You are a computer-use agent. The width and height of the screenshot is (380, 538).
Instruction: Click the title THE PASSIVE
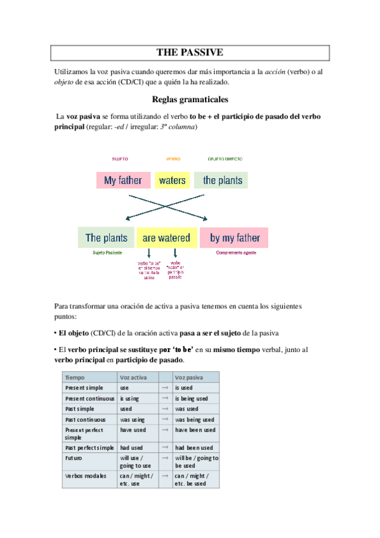tap(190, 52)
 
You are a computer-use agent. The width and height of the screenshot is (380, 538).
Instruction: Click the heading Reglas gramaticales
tap(190, 100)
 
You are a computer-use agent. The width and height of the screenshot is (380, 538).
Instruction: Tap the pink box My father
tap(123, 180)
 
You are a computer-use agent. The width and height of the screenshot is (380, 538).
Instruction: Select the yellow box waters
tap(173, 180)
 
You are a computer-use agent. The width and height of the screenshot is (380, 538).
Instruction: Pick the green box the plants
tap(223, 180)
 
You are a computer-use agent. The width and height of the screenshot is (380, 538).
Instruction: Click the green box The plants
tap(106, 238)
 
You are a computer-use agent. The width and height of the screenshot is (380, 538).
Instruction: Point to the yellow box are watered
tap(166, 238)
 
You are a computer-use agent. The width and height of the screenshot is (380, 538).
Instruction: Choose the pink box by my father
tap(235, 238)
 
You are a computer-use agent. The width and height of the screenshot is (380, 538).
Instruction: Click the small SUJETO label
tap(120, 159)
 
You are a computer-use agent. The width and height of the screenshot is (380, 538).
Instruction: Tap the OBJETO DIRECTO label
tap(225, 159)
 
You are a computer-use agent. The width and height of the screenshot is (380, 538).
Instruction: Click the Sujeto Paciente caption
tap(106, 253)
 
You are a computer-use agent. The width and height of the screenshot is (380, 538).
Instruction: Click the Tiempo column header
tap(75, 377)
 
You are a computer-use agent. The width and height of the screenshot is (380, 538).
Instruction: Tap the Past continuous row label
tap(84, 419)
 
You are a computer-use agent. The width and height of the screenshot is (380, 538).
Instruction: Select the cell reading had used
tap(133, 448)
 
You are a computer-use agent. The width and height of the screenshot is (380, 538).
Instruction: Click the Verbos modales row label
tap(84, 475)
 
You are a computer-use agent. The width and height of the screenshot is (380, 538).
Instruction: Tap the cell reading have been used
tap(195, 430)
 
